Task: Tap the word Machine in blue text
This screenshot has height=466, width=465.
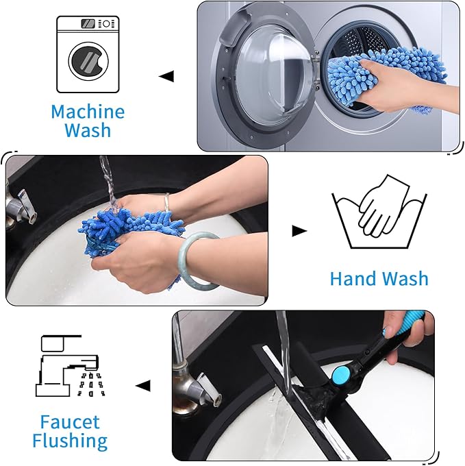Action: (x=88, y=111)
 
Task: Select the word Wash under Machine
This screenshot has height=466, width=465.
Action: (x=88, y=130)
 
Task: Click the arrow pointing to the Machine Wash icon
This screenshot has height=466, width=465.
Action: (x=166, y=75)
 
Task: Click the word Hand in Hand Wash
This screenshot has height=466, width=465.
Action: (x=353, y=279)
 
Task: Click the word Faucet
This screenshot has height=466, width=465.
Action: (x=69, y=421)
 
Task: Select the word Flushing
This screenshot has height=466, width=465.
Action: (x=69, y=441)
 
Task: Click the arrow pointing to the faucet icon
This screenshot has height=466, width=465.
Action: (x=142, y=386)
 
